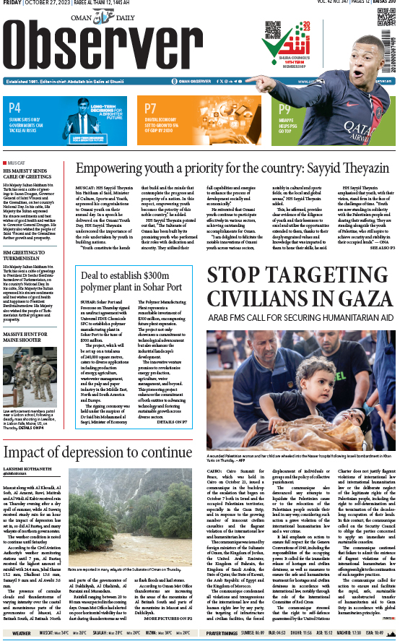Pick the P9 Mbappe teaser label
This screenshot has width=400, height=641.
coord(285,109)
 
